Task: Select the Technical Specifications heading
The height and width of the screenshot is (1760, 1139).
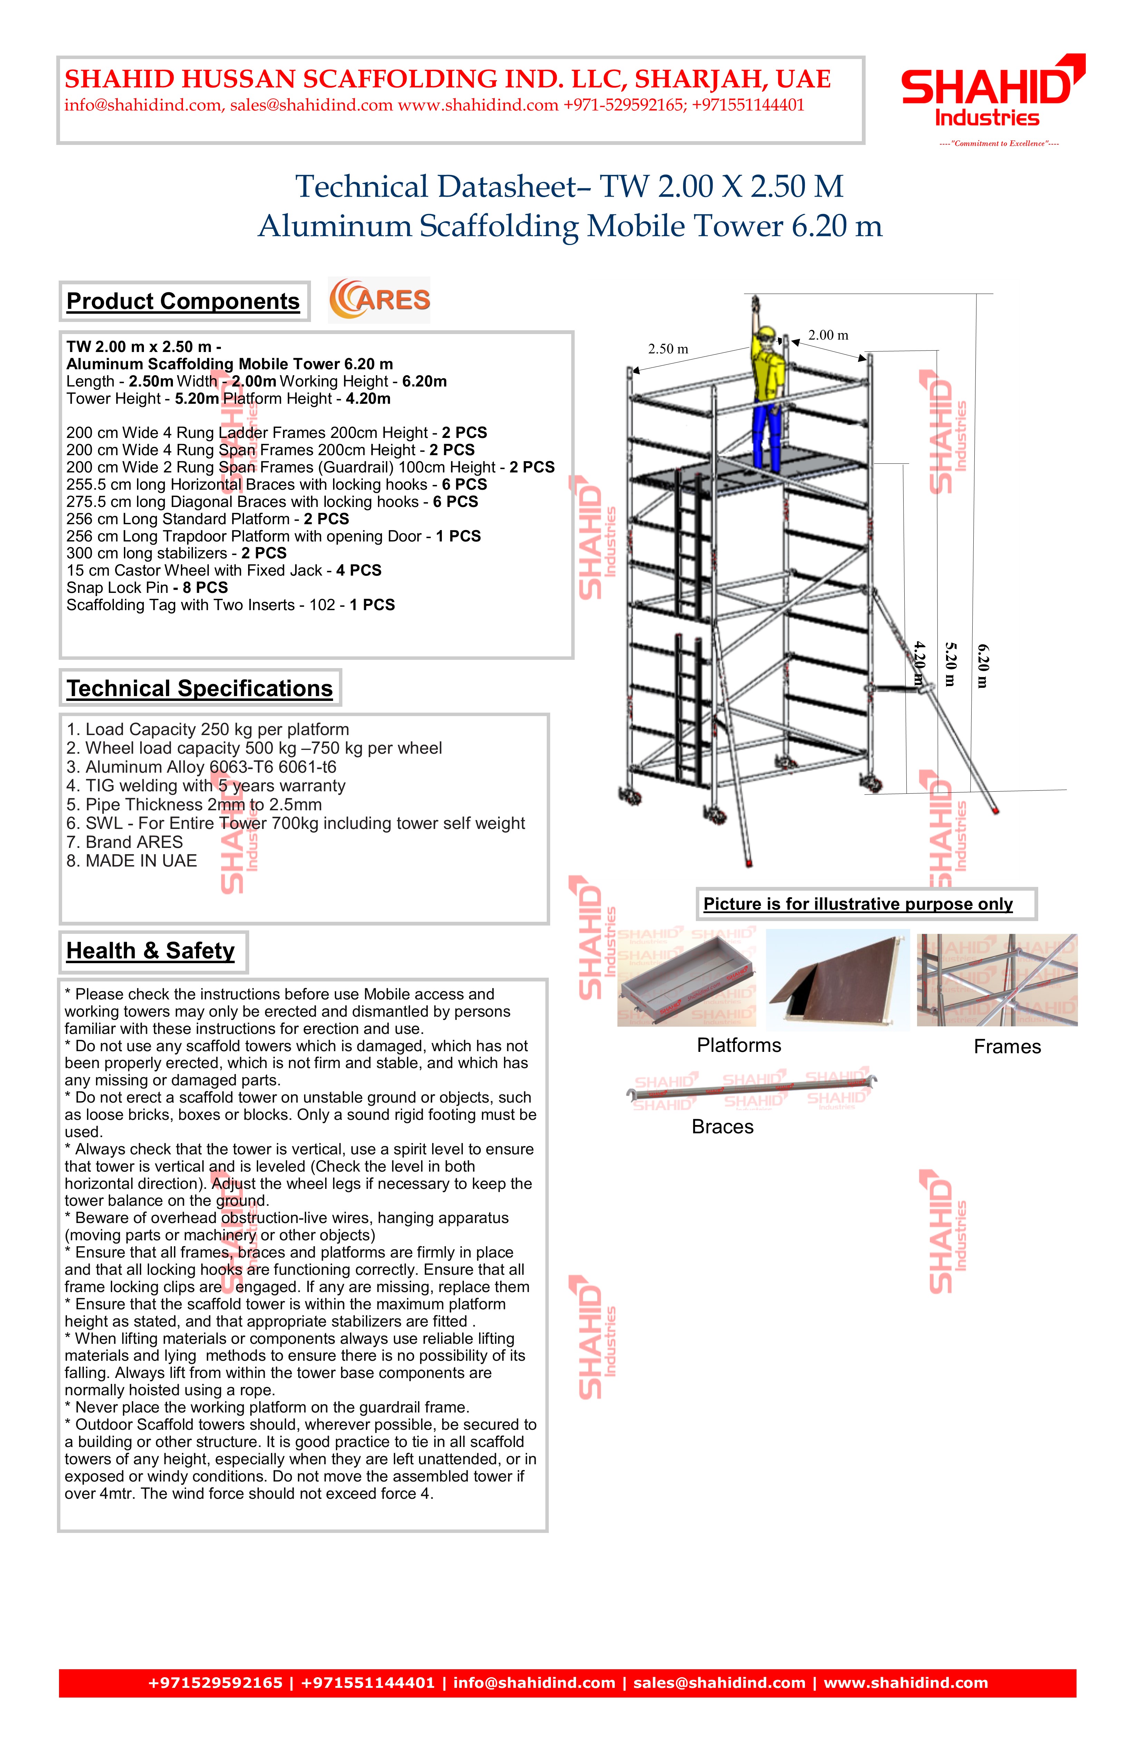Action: click(200, 688)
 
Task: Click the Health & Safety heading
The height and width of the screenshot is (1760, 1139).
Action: click(151, 951)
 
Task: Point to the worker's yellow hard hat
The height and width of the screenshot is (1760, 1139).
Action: click(767, 334)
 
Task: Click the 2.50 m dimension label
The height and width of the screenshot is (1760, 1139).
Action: click(668, 349)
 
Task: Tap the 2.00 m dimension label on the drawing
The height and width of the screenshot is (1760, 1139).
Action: click(828, 335)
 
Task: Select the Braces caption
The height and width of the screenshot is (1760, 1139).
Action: click(723, 1127)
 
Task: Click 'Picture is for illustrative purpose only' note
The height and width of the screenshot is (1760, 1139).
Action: click(858, 905)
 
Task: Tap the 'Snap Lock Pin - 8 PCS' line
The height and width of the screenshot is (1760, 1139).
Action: click(147, 588)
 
